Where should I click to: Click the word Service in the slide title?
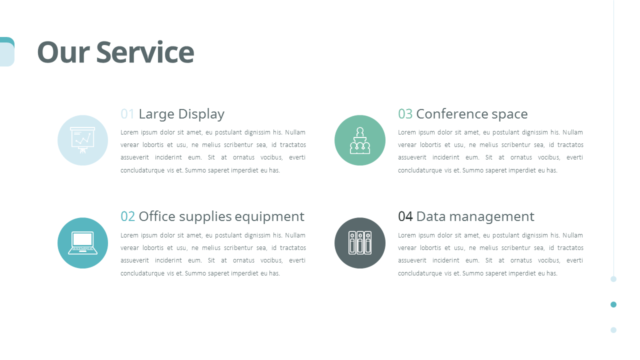(x=145, y=52)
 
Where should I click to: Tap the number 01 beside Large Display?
(x=127, y=114)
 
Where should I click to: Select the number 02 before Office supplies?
(x=127, y=216)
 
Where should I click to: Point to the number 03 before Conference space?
(x=405, y=114)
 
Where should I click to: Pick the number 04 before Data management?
(x=405, y=216)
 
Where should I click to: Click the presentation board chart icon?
(x=82, y=140)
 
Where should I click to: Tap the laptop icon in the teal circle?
(x=82, y=243)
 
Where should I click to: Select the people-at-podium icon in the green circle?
(x=360, y=140)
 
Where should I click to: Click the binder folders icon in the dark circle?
(x=360, y=243)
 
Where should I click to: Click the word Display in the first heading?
(x=201, y=114)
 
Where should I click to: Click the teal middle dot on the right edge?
(x=613, y=304)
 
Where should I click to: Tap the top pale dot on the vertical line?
(x=613, y=279)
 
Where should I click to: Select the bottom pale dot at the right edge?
(x=613, y=330)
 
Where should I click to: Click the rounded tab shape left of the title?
(x=6, y=52)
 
